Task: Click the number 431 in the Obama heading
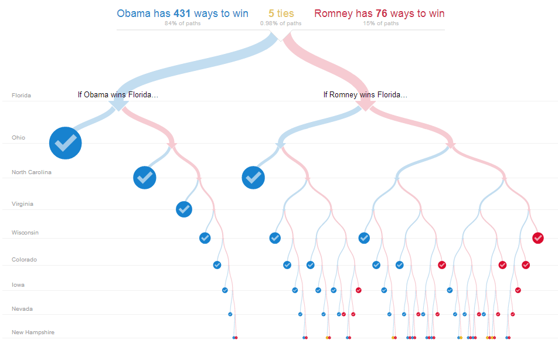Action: click(183, 13)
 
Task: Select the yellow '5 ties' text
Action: click(281, 13)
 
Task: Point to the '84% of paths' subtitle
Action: click(183, 23)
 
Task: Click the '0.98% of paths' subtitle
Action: click(281, 23)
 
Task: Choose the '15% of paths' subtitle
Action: click(381, 23)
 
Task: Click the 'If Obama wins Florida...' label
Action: click(118, 94)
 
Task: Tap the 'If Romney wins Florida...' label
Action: click(365, 94)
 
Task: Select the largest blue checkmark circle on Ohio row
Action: click(65, 142)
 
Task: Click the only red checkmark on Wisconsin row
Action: click(538, 237)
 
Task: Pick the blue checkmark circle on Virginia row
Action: click(184, 209)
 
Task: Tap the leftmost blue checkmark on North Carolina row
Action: click(145, 177)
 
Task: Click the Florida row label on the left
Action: click(21, 95)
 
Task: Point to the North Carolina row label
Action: click(32, 172)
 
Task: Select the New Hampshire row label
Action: click(33, 332)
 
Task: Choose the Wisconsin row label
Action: click(25, 233)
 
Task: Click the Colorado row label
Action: click(24, 260)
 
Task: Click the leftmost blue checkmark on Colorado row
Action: click(217, 265)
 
